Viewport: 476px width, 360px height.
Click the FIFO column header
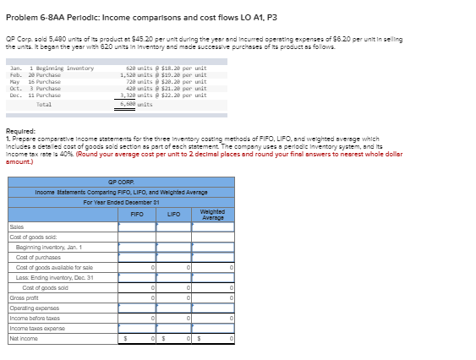click(x=137, y=215)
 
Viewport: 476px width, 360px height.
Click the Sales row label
click(x=16, y=227)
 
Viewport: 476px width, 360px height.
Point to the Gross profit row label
click(x=25, y=298)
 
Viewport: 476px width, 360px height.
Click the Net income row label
click(x=22, y=338)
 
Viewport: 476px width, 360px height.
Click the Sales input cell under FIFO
click(x=137, y=227)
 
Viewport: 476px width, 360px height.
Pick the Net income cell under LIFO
click(x=177, y=338)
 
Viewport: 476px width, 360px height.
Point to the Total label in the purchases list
click(x=44, y=103)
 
